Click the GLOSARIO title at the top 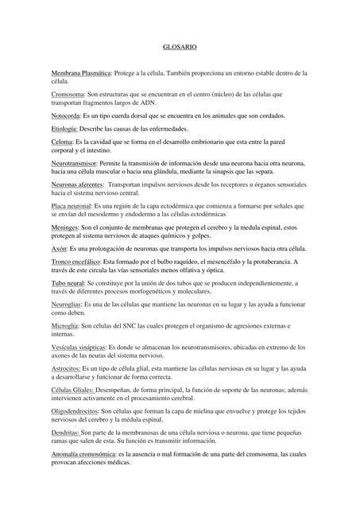(x=180, y=48)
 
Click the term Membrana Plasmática (x=81, y=72)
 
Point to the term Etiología (x=64, y=128)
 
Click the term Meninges (x=65, y=227)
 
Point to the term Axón (x=58, y=248)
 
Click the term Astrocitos (x=68, y=368)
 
